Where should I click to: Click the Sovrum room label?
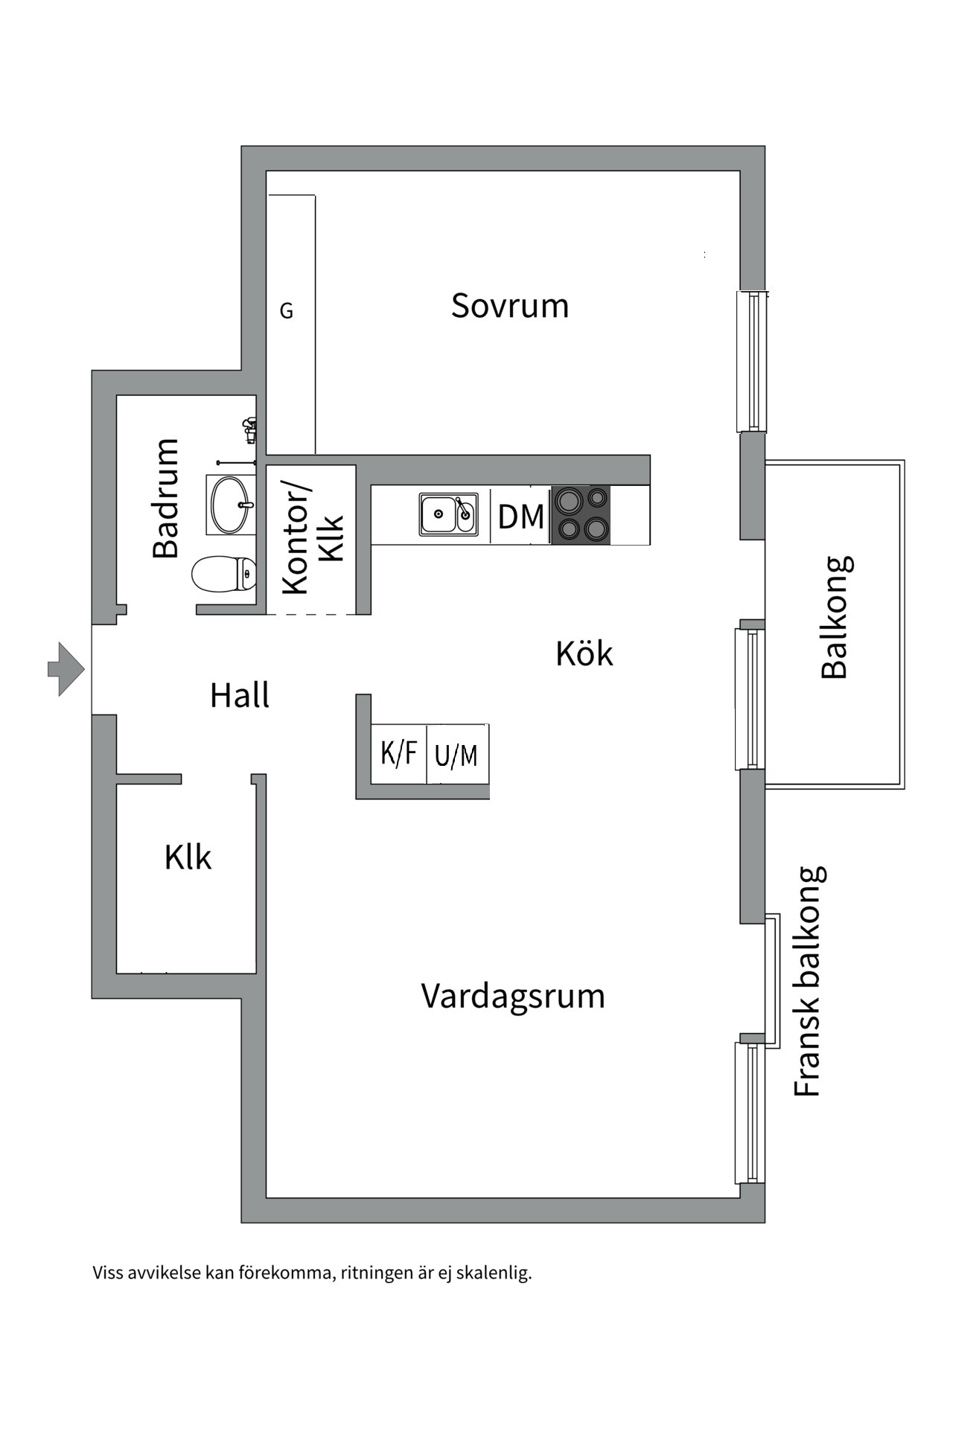pos(510,306)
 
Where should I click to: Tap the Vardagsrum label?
pos(513,996)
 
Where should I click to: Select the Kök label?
pos(584,654)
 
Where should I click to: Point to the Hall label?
pos(240,696)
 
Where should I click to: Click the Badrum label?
pos(166,498)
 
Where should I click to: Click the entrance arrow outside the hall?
pos(66,669)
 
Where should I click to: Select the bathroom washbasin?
pos(230,505)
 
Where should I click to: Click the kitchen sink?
pos(448,514)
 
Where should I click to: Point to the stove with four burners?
pos(581,514)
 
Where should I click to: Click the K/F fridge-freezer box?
pos(399,753)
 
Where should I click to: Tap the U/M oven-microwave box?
pos(456,755)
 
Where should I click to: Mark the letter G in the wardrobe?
pos(287,311)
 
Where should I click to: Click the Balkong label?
pos(835,617)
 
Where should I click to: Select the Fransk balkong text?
pos(808,981)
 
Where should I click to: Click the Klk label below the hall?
pos(188,857)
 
